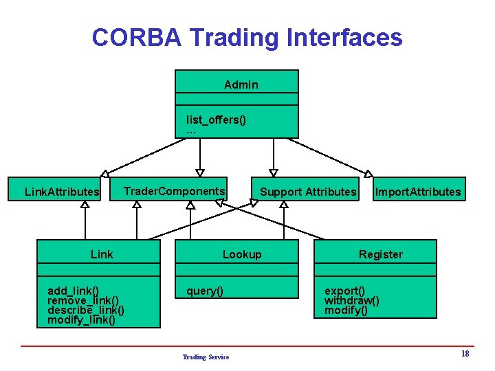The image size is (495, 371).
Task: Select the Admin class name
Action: coord(241,85)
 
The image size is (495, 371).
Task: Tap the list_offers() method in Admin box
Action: coord(216,120)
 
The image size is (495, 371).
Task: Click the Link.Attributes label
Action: coord(62,192)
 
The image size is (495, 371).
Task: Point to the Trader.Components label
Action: coord(175,190)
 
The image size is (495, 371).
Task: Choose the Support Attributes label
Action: coord(308,192)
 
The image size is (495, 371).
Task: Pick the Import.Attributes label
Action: coord(417,192)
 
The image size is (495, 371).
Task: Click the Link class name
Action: coord(102,254)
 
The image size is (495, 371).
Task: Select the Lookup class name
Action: coord(242,254)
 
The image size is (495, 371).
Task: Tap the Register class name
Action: coord(380,254)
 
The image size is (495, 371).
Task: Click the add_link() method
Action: coord(73,291)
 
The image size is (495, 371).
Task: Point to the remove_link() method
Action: coord(83,300)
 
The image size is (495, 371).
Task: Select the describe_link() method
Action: coord(86,310)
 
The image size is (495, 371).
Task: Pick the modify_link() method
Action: coord(81,319)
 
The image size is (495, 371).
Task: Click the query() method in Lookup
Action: coord(205,291)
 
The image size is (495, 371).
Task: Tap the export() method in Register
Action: coord(344,291)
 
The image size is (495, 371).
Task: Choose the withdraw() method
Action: coord(351,300)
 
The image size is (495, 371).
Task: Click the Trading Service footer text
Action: coord(206,357)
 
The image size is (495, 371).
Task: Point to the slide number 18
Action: coord(465,354)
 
